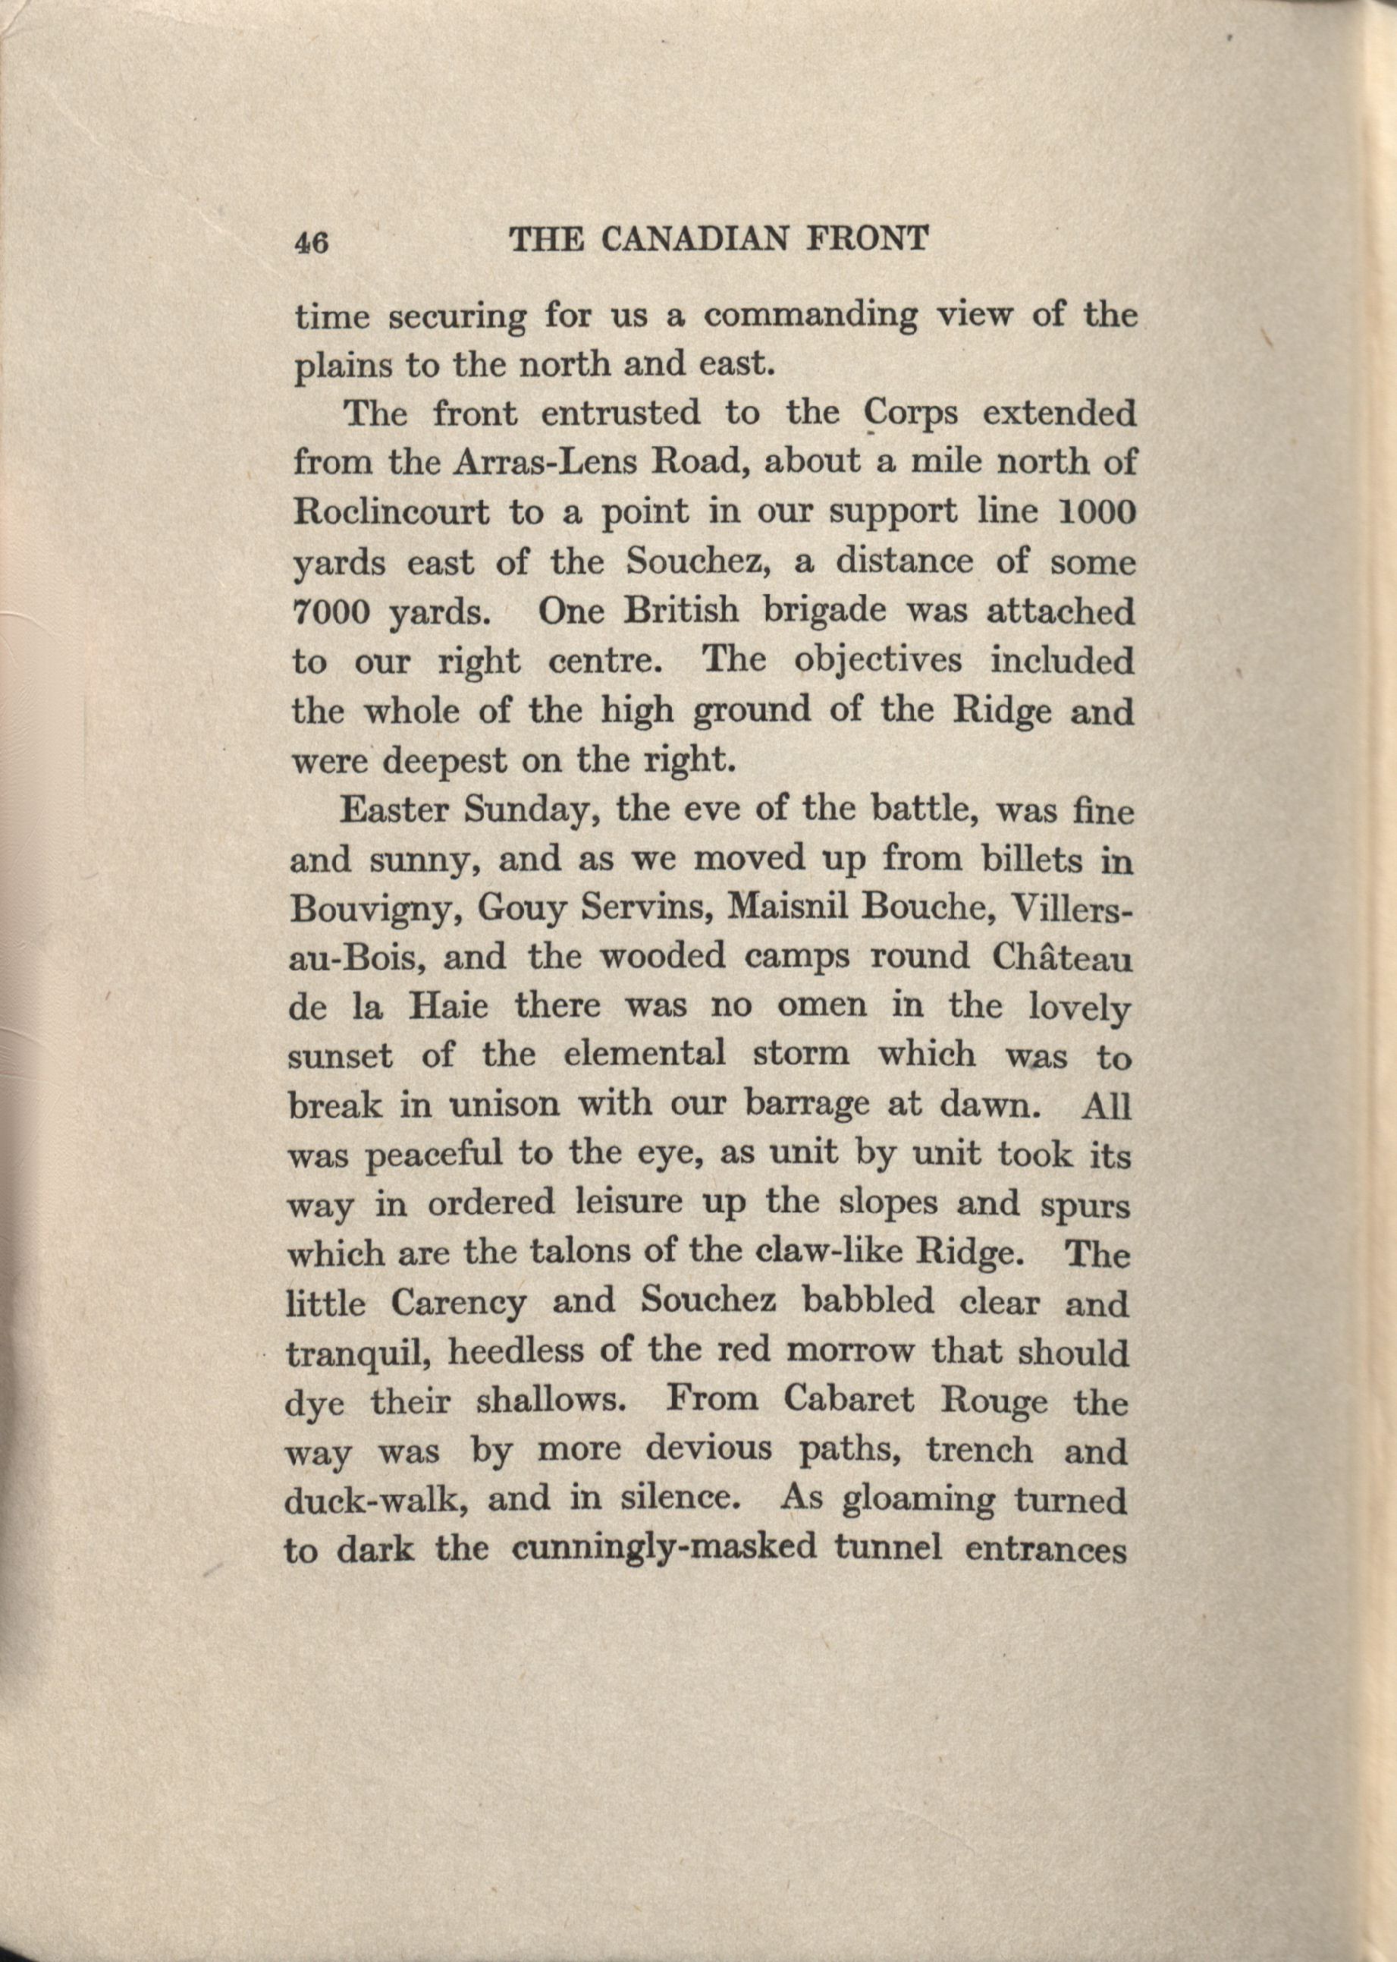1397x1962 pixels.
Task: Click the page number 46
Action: [312, 244]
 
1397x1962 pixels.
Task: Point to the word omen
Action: [821, 1006]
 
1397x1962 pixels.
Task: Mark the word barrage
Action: [806, 1104]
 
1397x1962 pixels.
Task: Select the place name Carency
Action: [459, 1303]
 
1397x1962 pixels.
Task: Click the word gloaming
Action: [918, 1501]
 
